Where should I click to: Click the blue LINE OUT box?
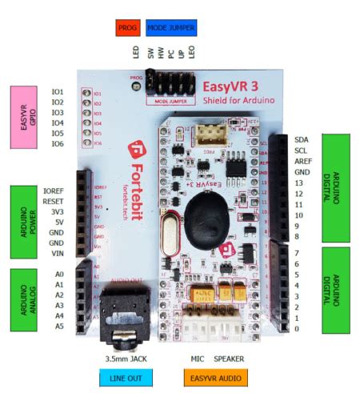tap(126, 377)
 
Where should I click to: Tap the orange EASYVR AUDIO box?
tap(216, 377)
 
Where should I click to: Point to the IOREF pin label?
tap(53, 190)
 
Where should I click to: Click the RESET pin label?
tap(54, 201)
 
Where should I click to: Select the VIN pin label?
tap(57, 253)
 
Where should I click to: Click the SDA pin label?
tap(301, 139)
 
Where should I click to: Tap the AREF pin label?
tap(302, 161)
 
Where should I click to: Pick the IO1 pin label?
tap(58, 92)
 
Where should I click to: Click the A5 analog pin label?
tap(58, 327)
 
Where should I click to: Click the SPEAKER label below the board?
tap(228, 359)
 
